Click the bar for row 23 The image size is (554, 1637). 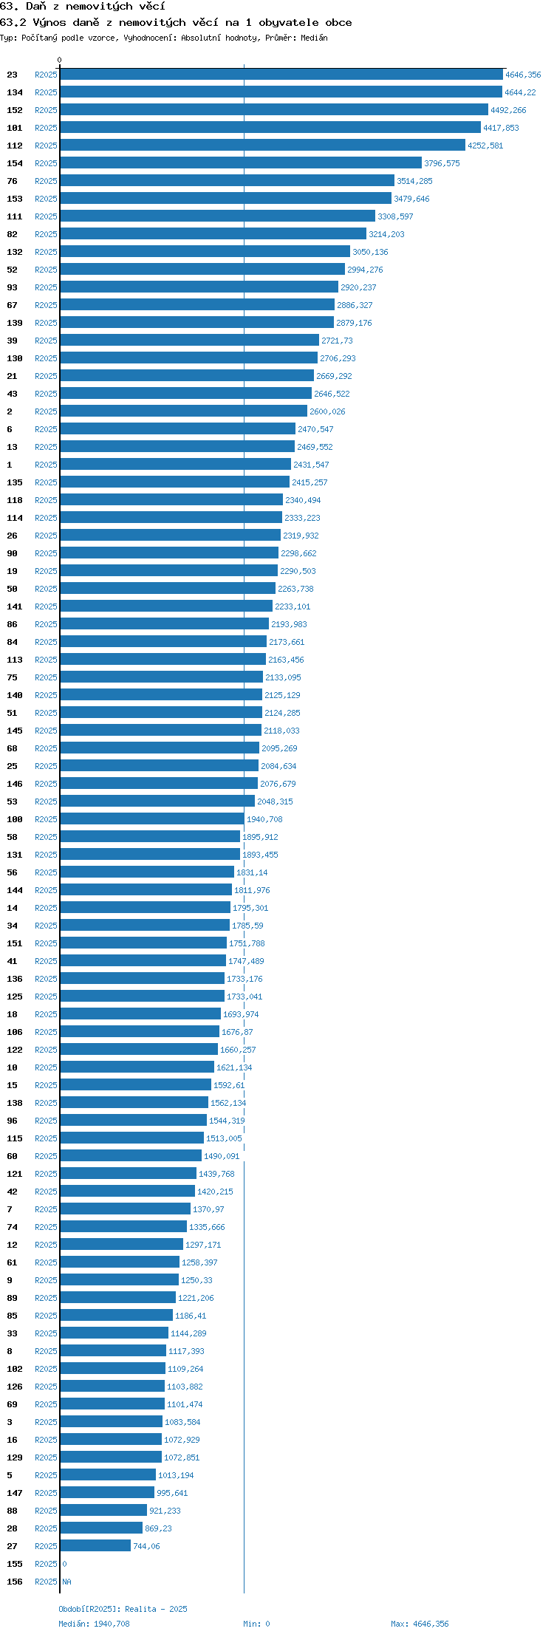tap(281, 75)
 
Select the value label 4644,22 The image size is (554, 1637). tap(520, 92)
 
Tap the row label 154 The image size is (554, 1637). tap(15, 163)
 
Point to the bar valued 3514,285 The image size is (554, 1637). tap(228, 181)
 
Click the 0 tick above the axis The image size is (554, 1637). tap(60, 61)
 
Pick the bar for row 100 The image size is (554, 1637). tap(152, 819)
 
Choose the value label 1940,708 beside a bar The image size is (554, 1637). tap(264, 819)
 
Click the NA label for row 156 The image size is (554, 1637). tap(67, 1582)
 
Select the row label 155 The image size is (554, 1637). tap(15, 1564)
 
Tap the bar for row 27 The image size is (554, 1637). tap(95, 1546)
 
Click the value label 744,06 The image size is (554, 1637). tap(146, 1546)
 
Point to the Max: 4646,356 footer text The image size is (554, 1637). tap(420, 1624)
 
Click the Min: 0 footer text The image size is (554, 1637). tap(256, 1624)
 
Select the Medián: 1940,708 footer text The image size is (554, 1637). tap(94, 1624)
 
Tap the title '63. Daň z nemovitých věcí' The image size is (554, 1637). tap(82, 7)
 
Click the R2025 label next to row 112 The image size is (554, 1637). tap(46, 146)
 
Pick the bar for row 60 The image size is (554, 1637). tap(131, 1156)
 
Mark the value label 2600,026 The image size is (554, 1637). tap(327, 411)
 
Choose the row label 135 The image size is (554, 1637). tap(15, 482)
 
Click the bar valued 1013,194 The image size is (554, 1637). tap(108, 1475)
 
